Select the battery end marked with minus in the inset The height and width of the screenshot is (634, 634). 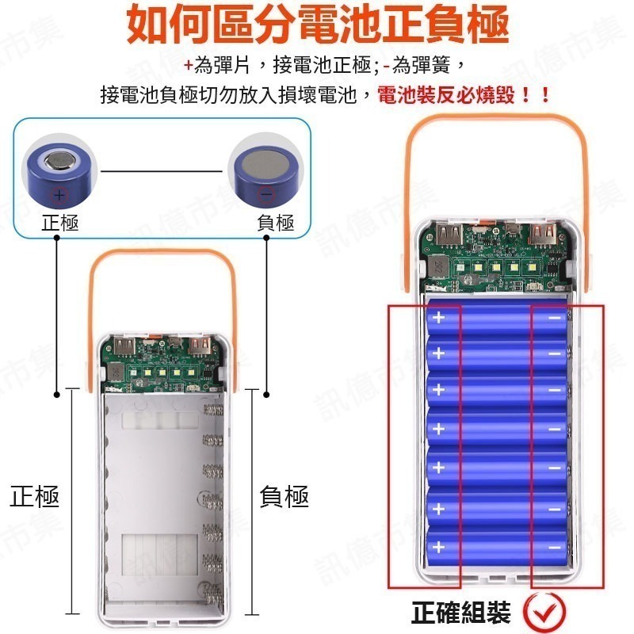click(265, 171)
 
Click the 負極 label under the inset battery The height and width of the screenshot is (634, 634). click(275, 223)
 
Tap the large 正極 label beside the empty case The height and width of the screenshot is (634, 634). click(35, 498)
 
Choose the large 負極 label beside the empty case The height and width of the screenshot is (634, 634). click(284, 498)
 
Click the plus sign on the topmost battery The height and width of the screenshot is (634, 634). click(440, 319)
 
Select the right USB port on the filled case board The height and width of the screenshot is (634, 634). click(544, 234)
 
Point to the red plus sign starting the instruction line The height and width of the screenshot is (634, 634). click(188, 65)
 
